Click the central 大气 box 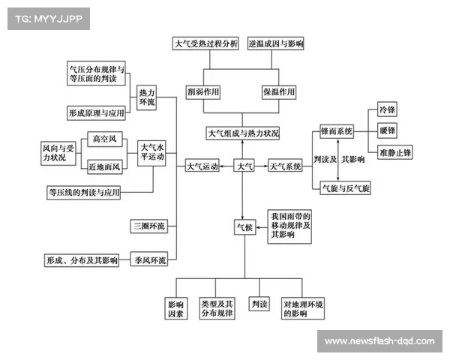[x=245, y=166]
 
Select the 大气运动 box [x=202, y=166]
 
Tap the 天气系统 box [x=285, y=166]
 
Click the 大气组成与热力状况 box [x=243, y=133]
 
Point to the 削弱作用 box [x=204, y=92]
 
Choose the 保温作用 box [x=278, y=92]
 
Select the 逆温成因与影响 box [x=276, y=44]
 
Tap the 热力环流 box [x=147, y=96]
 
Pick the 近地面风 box [x=104, y=166]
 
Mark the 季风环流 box [x=148, y=260]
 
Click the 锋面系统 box [x=336, y=131]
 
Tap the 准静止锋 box [x=394, y=152]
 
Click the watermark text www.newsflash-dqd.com [x=379, y=341]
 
